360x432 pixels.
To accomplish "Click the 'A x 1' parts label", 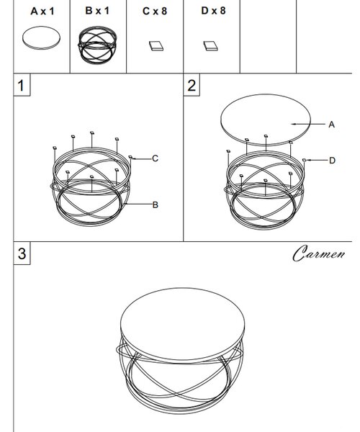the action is [42, 12].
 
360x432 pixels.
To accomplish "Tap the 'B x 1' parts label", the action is [97, 11].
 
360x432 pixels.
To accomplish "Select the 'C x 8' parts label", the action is [155, 11].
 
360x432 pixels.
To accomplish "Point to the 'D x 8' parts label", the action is [213, 11].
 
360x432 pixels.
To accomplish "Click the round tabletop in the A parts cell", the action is [41, 38].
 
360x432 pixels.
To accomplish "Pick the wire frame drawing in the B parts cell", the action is [97, 45].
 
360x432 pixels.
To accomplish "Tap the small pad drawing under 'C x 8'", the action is [156, 46].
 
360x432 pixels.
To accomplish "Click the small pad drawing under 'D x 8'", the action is [211, 46].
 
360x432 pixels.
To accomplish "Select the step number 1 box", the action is [22, 85].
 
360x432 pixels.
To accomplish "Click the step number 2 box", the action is [192, 85].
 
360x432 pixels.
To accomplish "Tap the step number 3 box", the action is [22, 253].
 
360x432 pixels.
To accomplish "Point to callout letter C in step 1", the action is [155, 158].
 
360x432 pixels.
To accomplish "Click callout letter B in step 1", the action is [156, 205].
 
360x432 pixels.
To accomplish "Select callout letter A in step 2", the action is [332, 125].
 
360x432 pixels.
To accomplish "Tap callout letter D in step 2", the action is [332, 161].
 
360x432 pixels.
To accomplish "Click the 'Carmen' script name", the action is [319, 253].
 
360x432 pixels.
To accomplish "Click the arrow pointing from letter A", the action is [308, 125].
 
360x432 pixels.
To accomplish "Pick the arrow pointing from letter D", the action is [316, 160].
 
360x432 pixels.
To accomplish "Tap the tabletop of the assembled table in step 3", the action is [183, 324].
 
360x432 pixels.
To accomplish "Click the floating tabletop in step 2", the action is [266, 120].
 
